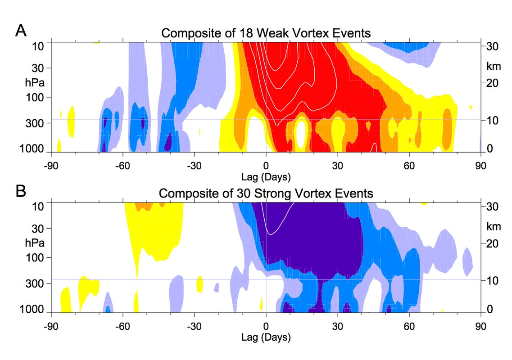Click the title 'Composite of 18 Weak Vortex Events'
[266, 33]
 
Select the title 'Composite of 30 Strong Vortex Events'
[266, 193]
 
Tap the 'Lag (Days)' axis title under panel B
[266, 336]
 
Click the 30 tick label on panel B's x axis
[337, 326]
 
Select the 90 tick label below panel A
[480, 165]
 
